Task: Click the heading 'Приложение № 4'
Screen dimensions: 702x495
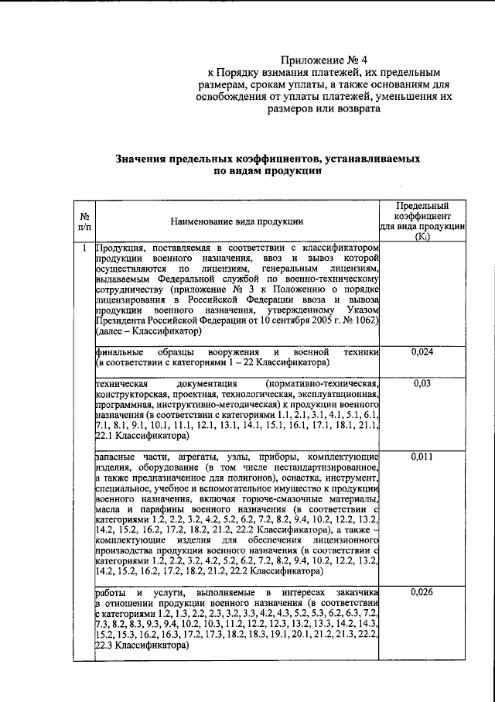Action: pyautogui.click(x=322, y=59)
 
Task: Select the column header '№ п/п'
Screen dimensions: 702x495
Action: pyautogui.click(x=83, y=222)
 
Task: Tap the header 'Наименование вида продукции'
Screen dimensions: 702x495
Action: pyautogui.click(x=236, y=222)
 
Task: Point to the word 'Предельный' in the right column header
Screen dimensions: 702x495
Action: pyautogui.click(x=422, y=206)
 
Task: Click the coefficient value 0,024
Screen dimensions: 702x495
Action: pyautogui.click(x=422, y=353)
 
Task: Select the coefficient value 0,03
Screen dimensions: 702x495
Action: pyautogui.click(x=422, y=382)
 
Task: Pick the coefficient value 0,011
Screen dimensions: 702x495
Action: pyautogui.click(x=422, y=457)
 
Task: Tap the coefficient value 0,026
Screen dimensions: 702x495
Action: pyautogui.click(x=422, y=593)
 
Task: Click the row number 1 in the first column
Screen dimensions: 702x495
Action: pyautogui.click(x=83, y=248)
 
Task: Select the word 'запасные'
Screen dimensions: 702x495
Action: pyautogui.click(x=114, y=457)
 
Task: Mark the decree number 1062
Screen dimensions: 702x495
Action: pyautogui.click(x=364, y=319)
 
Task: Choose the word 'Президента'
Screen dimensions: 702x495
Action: pyautogui.click(x=120, y=319)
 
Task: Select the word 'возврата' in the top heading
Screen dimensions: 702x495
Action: pyautogui.click(x=352, y=111)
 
